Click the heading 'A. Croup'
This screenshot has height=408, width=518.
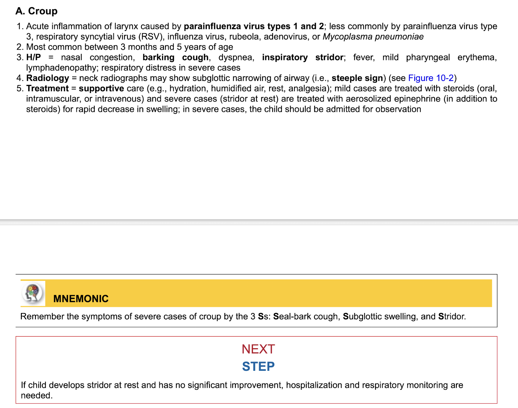tap(36, 11)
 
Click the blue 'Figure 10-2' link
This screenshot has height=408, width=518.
tap(431, 78)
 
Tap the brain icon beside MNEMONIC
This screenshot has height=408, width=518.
tap(33, 292)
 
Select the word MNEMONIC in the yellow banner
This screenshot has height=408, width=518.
tap(81, 299)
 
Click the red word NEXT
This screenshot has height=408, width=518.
tap(258, 349)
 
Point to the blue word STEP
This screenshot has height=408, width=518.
tap(258, 367)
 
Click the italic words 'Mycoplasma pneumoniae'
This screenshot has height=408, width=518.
tap(373, 37)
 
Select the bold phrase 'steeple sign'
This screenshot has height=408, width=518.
tap(357, 78)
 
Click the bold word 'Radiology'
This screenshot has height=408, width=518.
tap(48, 78)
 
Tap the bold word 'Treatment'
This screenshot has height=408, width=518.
tap(47, 88)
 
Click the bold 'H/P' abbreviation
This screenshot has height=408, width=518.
tap(33, 57)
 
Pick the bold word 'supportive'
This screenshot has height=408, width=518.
tap(101, 88)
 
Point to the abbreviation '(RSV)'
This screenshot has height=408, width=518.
tap(150, 37)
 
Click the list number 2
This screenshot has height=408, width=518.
tap(20, 47)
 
